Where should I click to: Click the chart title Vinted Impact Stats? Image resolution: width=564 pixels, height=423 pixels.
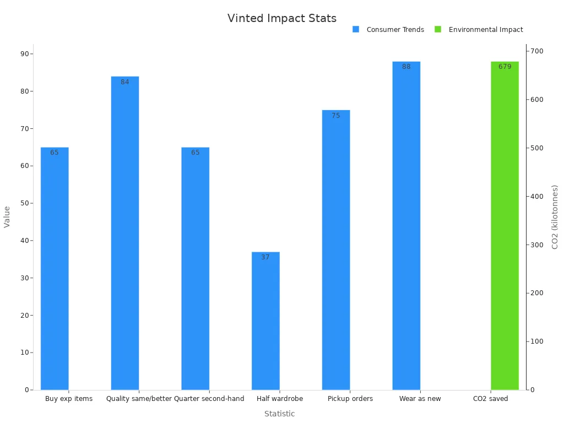click(281, 18)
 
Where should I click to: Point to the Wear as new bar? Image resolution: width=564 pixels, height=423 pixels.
click(406, 225)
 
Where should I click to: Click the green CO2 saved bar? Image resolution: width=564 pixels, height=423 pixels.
click(505, 225)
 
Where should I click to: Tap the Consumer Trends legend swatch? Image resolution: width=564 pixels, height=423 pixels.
click(356, 30)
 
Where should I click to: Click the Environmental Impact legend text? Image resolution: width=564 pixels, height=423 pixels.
click(485, 30)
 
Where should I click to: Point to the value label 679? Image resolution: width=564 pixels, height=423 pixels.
click(505, 67)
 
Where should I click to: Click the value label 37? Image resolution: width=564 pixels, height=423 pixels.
click(265, 257)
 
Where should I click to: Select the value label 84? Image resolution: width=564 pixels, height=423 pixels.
click(125, 82)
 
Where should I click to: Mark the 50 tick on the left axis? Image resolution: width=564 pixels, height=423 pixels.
click(25, 203)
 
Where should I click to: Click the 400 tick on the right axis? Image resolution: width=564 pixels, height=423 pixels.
click(537, 197)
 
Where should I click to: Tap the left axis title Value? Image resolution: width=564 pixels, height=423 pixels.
click(7, 216)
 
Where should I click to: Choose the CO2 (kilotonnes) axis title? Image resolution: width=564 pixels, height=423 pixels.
click(555, 216)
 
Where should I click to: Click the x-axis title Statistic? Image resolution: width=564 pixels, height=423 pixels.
click(279, 414)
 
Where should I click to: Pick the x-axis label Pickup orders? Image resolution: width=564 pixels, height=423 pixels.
click(350, 399)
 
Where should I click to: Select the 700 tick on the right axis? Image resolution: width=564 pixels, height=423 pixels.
click(537, 51)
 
